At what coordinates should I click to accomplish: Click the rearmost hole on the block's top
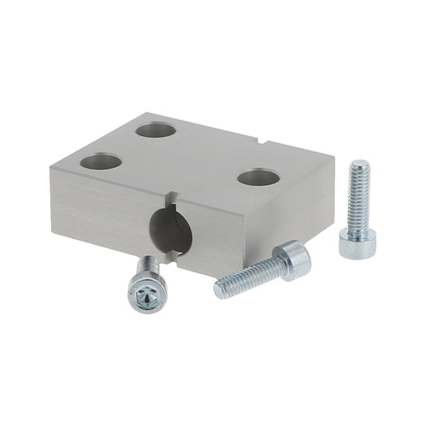click(x=156, y=131)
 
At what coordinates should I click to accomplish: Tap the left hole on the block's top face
click(x=101, y=161)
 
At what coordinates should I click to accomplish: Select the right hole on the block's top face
click(x=258, y=177)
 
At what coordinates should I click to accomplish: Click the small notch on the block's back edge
click(x=265, y=138)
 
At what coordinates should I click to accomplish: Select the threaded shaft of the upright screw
click(x=359, y=198)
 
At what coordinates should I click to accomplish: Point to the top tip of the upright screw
click(x=360, y=163)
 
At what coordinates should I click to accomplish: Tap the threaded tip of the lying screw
click(x=220, y=288)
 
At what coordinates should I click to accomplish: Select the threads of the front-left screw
click(x=148, y=265)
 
